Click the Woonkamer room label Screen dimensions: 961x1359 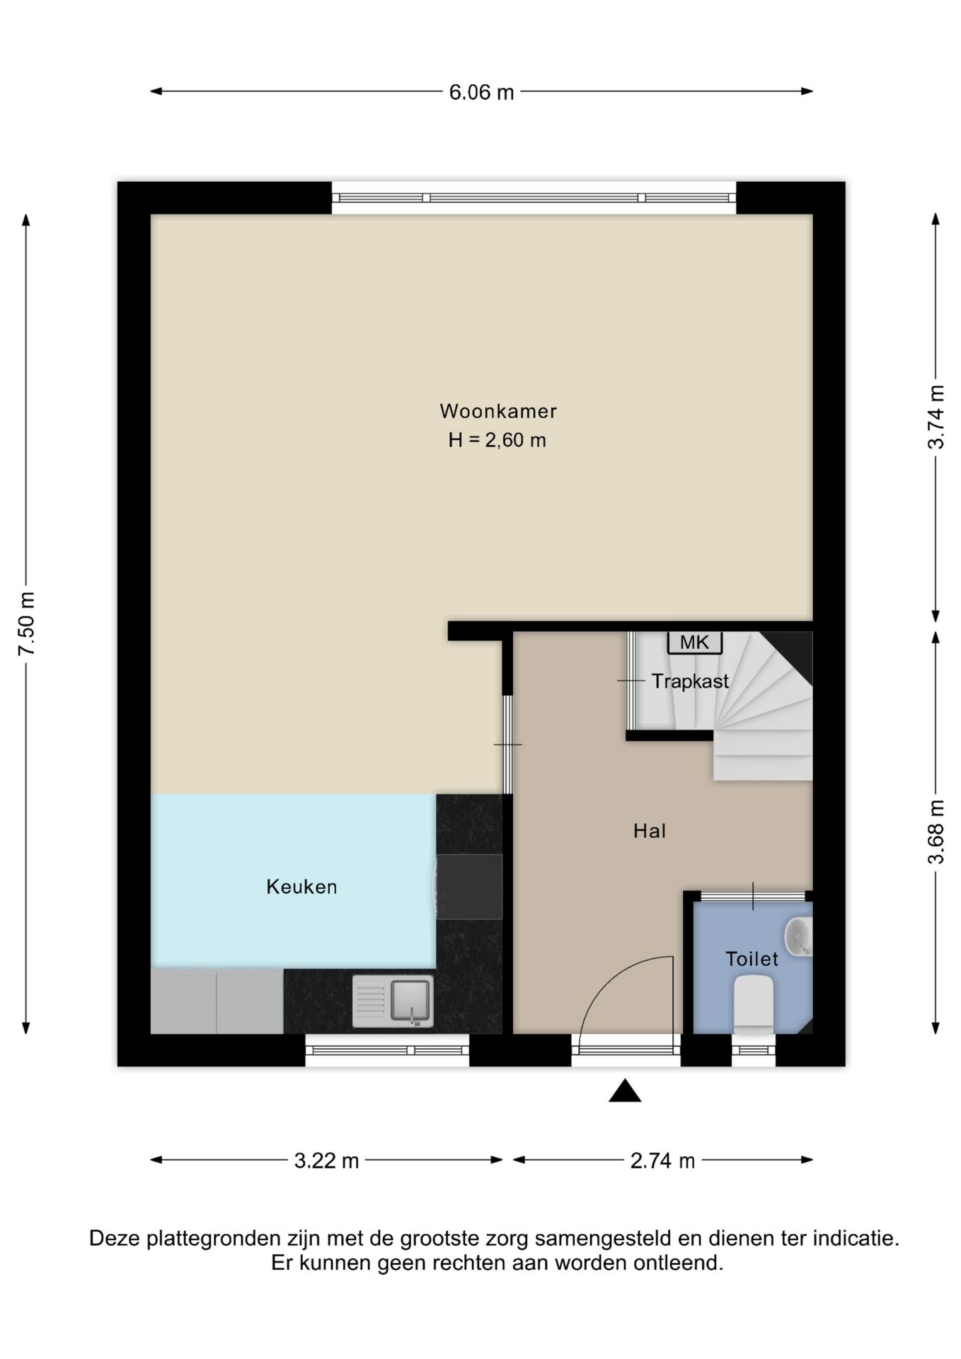498,411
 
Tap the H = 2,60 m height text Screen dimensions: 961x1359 497,440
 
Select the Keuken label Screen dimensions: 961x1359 301,886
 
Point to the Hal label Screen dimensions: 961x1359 650,830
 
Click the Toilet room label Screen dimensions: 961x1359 752,959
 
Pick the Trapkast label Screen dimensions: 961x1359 690,681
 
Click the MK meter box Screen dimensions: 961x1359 695,642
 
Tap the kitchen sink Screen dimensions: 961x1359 393,1001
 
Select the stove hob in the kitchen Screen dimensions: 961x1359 468,886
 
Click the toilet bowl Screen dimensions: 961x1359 753,1004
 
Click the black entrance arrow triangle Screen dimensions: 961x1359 625,1091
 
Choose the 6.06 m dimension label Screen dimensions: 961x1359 481,92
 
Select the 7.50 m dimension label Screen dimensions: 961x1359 27,624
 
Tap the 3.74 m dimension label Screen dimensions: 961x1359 936,417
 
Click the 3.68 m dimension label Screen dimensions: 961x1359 936,832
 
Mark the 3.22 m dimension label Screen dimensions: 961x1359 327,1161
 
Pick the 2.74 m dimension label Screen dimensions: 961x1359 663,1161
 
